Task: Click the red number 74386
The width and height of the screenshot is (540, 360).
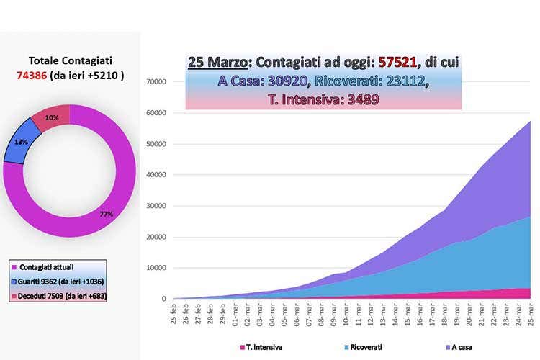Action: click(32, 75)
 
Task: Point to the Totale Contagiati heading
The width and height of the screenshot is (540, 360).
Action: click(71, 61)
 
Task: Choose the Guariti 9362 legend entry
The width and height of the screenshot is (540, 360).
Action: click(58, 282)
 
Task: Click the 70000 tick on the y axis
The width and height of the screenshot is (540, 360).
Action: click(156, 82)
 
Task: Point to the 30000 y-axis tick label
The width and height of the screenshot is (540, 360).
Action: click(156, 206)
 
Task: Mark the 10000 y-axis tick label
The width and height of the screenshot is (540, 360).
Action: click(156, 268)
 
